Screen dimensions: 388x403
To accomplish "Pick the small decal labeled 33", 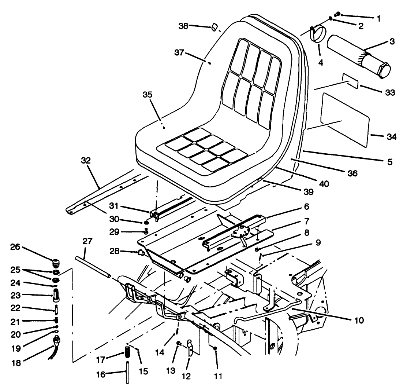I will [x=350, y=80].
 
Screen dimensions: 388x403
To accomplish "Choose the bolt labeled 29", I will [x=146, y=231].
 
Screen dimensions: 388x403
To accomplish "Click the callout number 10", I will [x=358, y=320].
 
